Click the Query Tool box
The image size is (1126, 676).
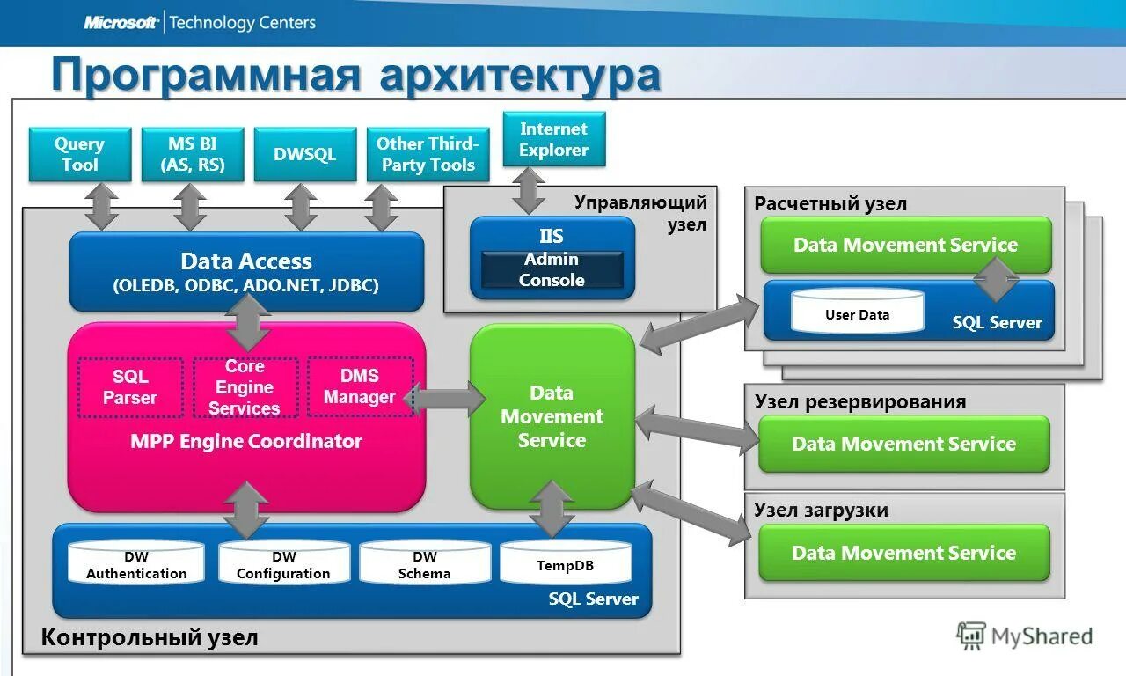click(x=80, y=155)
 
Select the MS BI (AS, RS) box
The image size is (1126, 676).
click(x=193, y=155)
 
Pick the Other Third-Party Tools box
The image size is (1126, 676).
click(x=428, y=155)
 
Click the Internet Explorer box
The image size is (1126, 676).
click(x=554, y=139)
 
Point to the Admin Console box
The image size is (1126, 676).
click(x=552, y=270)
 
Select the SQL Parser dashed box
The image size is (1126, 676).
click(x=130, y=387)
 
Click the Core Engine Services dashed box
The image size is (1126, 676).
click(x=245, y=387)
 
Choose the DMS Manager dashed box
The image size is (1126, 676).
click(x=360, y=387)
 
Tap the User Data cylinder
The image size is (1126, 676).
click(x=857, y=313)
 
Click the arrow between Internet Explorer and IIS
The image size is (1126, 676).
click(x=528, y=191)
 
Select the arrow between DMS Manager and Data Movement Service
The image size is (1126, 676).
click(x=447, y=400)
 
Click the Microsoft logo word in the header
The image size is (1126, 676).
click(x=121, y=23)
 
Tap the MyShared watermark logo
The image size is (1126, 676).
click(x=1025, y=636)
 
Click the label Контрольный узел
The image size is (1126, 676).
click(x=150, y=637)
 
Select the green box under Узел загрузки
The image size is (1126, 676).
click(x=904, y=553)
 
